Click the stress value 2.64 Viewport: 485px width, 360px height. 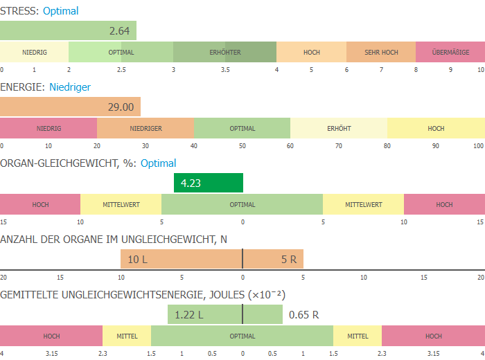coord(120,30)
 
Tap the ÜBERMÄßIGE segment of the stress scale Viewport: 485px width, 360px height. coord(450,53)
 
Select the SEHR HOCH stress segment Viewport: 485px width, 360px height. coord(381,53)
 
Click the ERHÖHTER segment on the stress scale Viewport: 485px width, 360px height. coord(225,53)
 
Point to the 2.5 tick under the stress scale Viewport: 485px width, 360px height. coord(121,70)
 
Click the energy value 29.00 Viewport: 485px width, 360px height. coord(121,107)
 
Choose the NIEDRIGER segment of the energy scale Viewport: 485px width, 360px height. coord(145,129)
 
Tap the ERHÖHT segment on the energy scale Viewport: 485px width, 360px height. coord(339,129)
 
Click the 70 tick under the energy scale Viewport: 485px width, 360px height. coord(338,146)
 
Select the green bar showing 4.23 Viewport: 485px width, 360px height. coord(209,183)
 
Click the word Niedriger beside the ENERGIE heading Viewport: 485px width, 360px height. coord(69,87)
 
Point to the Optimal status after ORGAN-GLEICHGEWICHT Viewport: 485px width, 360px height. coord(158,163)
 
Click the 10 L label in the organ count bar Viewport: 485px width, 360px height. coord(138,260)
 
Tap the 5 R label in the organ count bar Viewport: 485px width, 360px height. coord(289,260)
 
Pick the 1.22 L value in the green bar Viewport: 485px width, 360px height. coord(188,314)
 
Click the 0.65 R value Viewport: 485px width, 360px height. coord(303,314)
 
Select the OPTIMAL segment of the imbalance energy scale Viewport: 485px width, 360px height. coord(242,336)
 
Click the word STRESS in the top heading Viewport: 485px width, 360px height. coord(18,11)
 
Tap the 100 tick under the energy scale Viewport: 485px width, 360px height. coord(478,146)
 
